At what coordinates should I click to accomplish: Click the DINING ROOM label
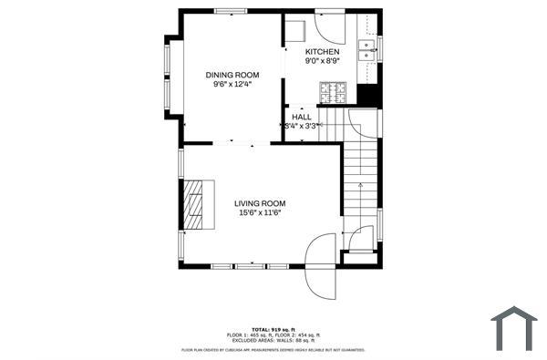click(x=232, y=75)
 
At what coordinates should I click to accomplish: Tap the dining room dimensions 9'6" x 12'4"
click(x=232, y=84)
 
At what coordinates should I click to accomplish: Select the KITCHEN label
click(x=322, y=52)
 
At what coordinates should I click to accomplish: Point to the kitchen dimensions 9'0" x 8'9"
click(x=322, y=61)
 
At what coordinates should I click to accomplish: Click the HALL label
click(x=302, y=117)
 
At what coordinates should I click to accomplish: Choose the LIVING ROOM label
click(x=260, y=203)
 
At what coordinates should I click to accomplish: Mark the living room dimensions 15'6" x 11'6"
click(x=260, y=213)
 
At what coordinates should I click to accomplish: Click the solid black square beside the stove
click(x=367, y=95)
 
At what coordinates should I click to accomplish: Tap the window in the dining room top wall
click(x=231, y=11)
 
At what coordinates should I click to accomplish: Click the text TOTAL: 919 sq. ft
click(x=273, y=329)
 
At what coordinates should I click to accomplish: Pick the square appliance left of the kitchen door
click(x=295, y=28)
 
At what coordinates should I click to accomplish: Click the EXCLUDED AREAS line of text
click(x=273, y=341)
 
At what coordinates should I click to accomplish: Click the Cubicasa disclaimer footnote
click(x=273, y=349)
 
